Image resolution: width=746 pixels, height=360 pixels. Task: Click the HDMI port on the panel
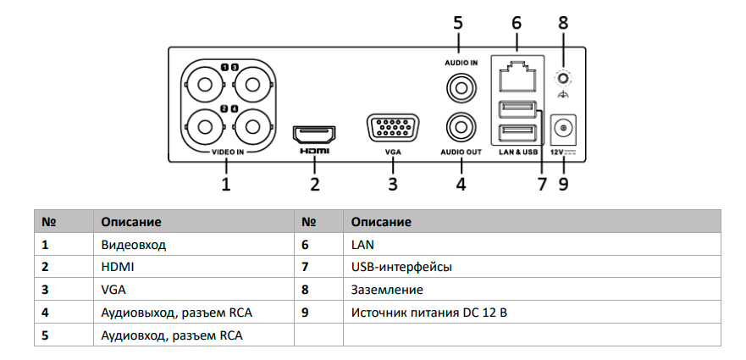[x=313, y=133]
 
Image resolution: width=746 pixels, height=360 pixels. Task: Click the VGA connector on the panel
[x=393, y=130]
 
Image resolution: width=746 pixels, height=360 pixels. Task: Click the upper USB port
[x=517, y=108]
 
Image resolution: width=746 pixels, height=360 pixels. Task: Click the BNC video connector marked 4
[x=251, y=128]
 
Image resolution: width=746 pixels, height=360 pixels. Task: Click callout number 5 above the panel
[x=458, y=24]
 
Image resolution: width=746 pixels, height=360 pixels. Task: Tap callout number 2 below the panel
[x=314, y=183]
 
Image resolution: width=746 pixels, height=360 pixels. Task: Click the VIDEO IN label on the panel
[x=227, y=152]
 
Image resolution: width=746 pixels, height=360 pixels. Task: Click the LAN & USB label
[x=517, y=152]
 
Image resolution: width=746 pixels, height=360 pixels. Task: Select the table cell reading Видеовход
[x=134, y=245]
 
